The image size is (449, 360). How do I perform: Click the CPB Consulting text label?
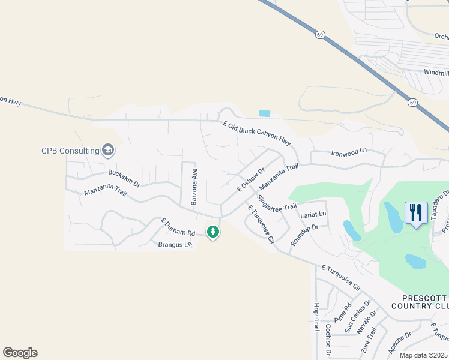click(x=70, y=151)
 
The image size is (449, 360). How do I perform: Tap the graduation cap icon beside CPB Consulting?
click(x=108, y=150)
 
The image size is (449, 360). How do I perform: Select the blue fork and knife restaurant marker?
click(x=416, y=212)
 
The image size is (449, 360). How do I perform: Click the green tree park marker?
click(x=212, y=231)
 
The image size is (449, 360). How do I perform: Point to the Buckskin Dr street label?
click(x=124, y=178)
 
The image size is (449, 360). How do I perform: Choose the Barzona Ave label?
click(x=194, y=187)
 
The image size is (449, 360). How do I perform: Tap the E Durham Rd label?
click(x=178, y=227)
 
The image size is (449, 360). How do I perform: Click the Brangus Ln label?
click(x=175, y=244)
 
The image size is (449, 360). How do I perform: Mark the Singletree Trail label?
click(x=277, y=203)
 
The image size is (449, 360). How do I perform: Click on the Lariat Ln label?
click(x=313, y=214)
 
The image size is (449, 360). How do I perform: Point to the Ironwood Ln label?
click(x=348, y=154)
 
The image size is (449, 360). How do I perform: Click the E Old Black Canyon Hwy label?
click(x=256, y=132)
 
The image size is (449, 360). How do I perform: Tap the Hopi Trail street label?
click(x=316, y=317)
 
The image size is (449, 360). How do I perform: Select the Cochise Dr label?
click(x=328, y=339)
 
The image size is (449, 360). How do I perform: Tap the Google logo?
click(x=20, y=353)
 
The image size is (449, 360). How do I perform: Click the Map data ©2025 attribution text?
click(x=423, y=355)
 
